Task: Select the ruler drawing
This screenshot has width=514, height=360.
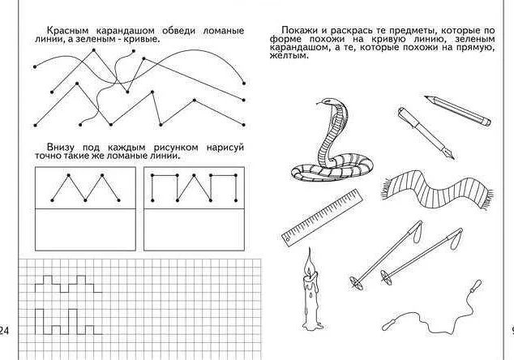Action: point(322,216)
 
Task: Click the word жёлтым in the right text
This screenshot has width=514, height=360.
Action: point(285,56)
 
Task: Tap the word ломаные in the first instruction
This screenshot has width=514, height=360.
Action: point(220,30)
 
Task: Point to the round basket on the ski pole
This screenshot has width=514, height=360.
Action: point(355,283)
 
